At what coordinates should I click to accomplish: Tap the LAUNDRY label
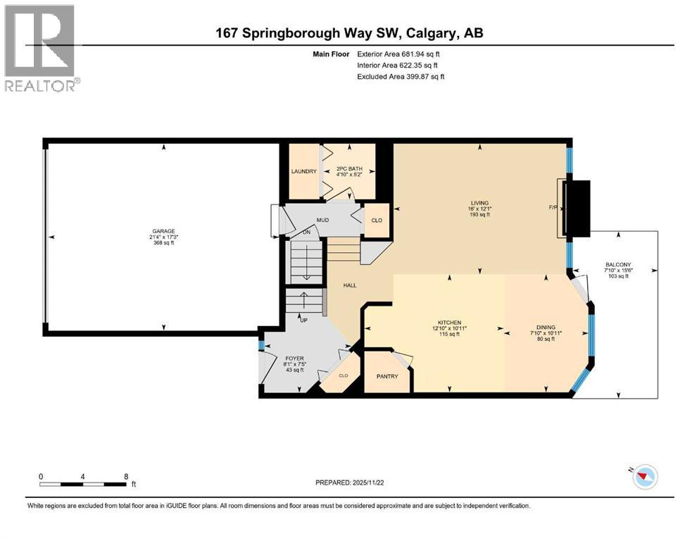304,172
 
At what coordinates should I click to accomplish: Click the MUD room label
322,220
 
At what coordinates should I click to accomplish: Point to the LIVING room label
480,203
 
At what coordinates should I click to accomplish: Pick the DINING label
546,328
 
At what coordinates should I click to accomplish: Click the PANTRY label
386,376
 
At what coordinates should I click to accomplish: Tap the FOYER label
294,358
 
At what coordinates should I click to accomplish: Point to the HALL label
350,285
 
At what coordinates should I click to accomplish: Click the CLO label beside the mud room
377,220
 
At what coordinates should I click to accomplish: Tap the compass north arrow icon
643,478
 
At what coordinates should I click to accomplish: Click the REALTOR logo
41,48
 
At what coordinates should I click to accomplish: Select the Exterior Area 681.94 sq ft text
401,54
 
